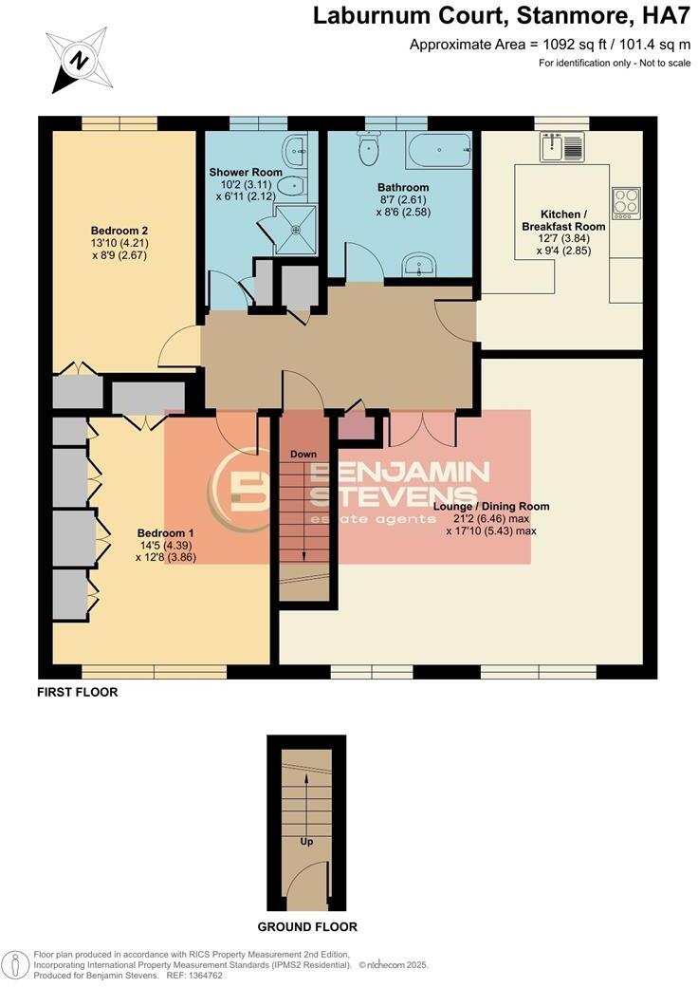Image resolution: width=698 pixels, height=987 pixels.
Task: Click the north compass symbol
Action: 80,60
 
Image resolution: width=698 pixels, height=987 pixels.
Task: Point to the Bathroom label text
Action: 403,188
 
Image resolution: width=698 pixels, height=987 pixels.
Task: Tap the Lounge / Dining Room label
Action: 490,506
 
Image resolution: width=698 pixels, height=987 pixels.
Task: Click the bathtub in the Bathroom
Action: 438,149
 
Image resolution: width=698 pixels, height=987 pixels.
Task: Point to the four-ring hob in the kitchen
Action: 626,201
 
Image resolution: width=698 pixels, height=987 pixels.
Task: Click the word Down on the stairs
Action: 303,455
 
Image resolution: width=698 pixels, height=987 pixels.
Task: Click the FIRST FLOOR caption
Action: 78,692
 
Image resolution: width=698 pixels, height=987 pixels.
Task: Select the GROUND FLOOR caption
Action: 307,926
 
